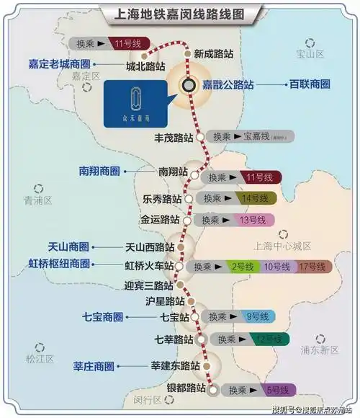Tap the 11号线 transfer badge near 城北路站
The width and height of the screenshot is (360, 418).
(x=127, y=45)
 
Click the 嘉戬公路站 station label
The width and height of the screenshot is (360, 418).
(x=228, y=84)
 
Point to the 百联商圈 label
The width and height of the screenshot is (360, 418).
(x=310, y=84)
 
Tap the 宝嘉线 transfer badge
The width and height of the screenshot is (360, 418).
(x=260, y=136)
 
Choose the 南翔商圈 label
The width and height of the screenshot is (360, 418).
(x=99, y=172)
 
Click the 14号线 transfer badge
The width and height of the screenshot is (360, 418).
(x=254, y=197)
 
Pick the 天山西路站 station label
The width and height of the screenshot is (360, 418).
(x=150, y=246)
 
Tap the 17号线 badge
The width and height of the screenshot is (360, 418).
(x=312, y=267)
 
